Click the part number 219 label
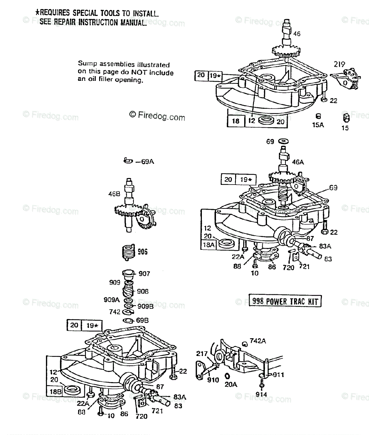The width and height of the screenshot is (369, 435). click(x=339, y=65)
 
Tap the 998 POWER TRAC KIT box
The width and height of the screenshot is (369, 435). click(x=285, y=301)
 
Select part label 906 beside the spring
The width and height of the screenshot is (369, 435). click(x=142, y=252)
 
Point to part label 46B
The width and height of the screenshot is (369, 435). click(x=114, y=194)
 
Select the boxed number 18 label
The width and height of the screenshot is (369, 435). click(x=236, y=121)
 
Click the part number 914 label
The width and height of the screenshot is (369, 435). click(x=261, y=394)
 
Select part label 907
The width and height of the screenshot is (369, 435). click(x=144, y=274)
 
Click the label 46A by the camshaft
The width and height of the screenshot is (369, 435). click(x=298, y=162)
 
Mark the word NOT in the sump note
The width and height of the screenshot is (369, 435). click(x=124, y=72)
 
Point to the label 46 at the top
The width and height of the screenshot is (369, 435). click(x=297, y=34)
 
